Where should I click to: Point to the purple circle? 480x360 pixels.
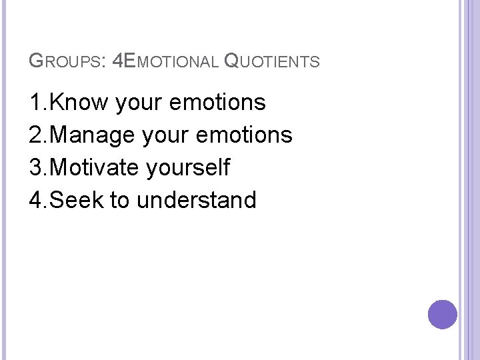coord(443,314)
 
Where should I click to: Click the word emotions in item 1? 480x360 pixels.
coord(218,103)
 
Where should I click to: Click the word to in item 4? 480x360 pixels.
coord(119,199)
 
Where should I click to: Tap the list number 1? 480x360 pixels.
coord(35,103)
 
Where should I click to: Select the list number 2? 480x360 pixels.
coord(35,135)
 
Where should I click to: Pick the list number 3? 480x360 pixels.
coord(35,167)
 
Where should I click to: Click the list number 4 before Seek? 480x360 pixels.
coord(35,199)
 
